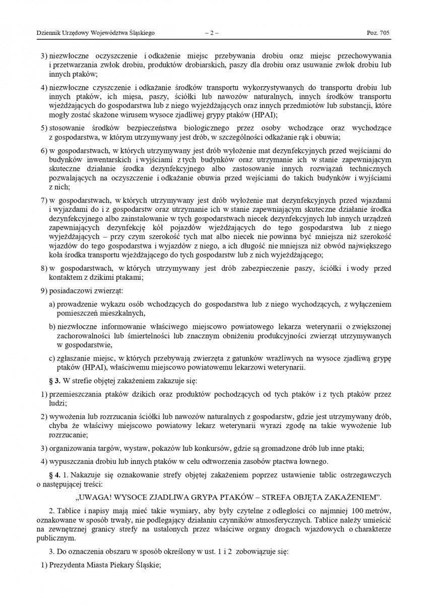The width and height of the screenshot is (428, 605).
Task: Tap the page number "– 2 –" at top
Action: [x=212, y=33]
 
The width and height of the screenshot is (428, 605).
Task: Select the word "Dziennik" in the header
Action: [x=48, y=33]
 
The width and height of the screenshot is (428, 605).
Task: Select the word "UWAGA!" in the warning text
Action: [x=105, y=497]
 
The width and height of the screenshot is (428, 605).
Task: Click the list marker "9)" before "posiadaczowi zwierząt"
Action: [x=44, y=291]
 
